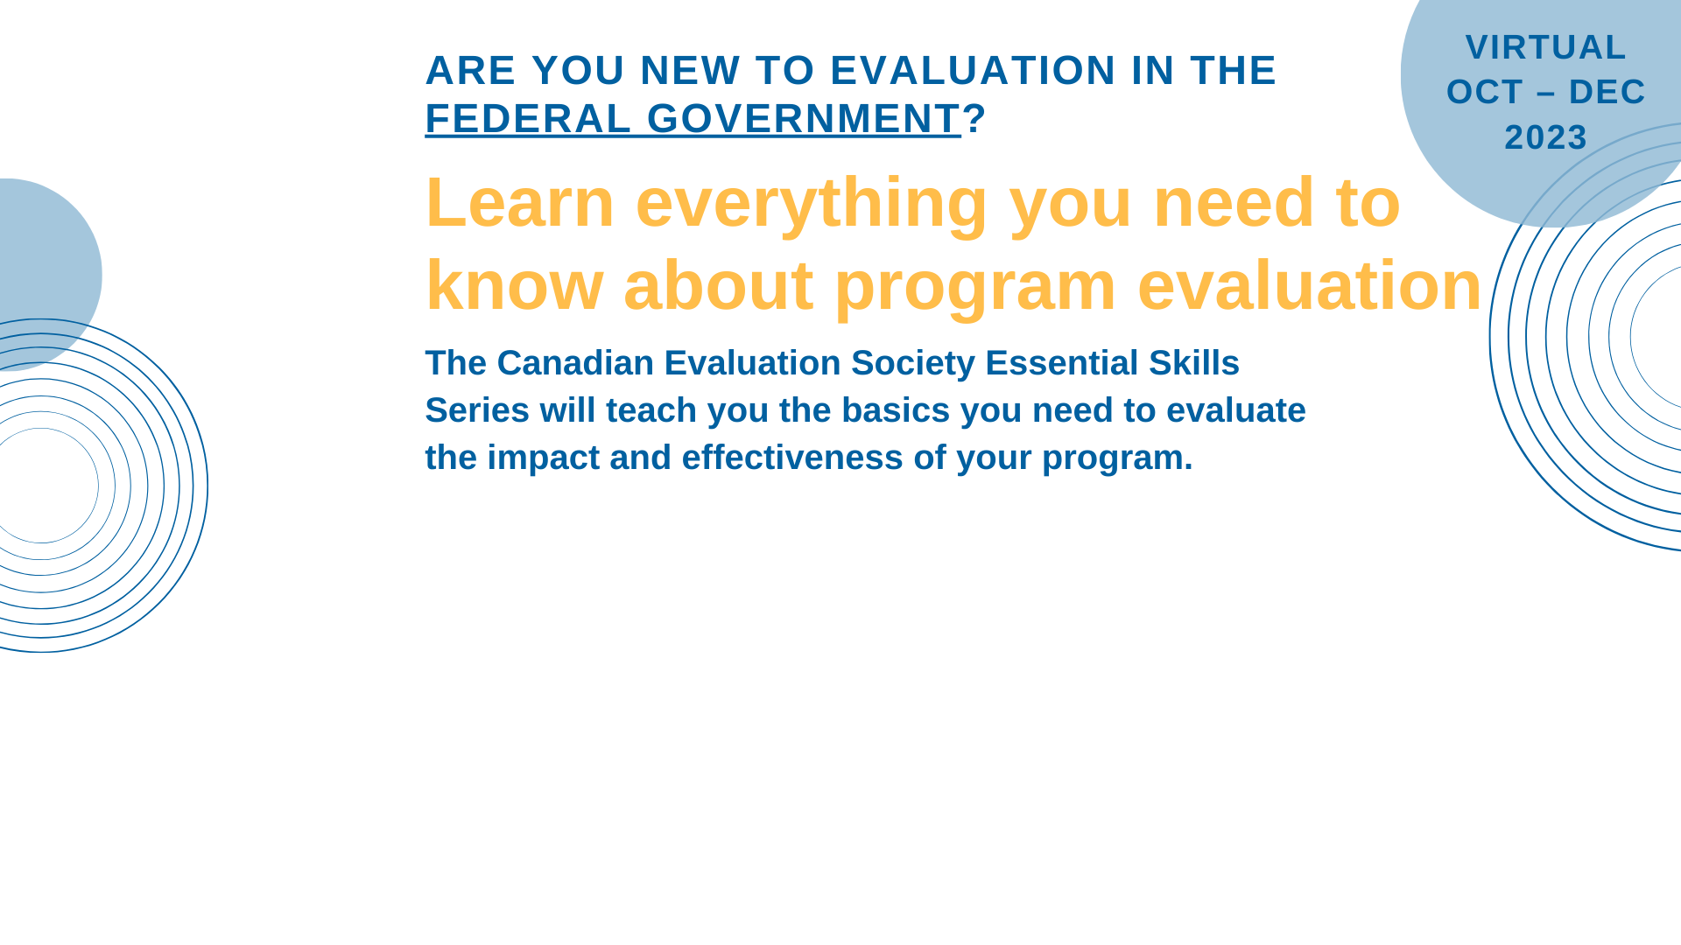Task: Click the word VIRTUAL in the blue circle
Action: pos(1545,47)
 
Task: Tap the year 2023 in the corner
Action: pos(1546,137)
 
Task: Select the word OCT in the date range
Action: pos(1485,92)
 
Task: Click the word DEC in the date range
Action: pos(1607,92)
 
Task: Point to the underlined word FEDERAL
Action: pos(528,118)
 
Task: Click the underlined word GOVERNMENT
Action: pos(804,118)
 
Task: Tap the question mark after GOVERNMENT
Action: pos(974,118)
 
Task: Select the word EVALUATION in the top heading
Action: pos(973,70)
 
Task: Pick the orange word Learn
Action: pos(520,202)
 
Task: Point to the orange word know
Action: pos(514,285)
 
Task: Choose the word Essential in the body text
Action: pos(1062,363)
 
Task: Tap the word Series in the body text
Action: pos(477,410)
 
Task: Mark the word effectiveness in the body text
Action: pos(792,458)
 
